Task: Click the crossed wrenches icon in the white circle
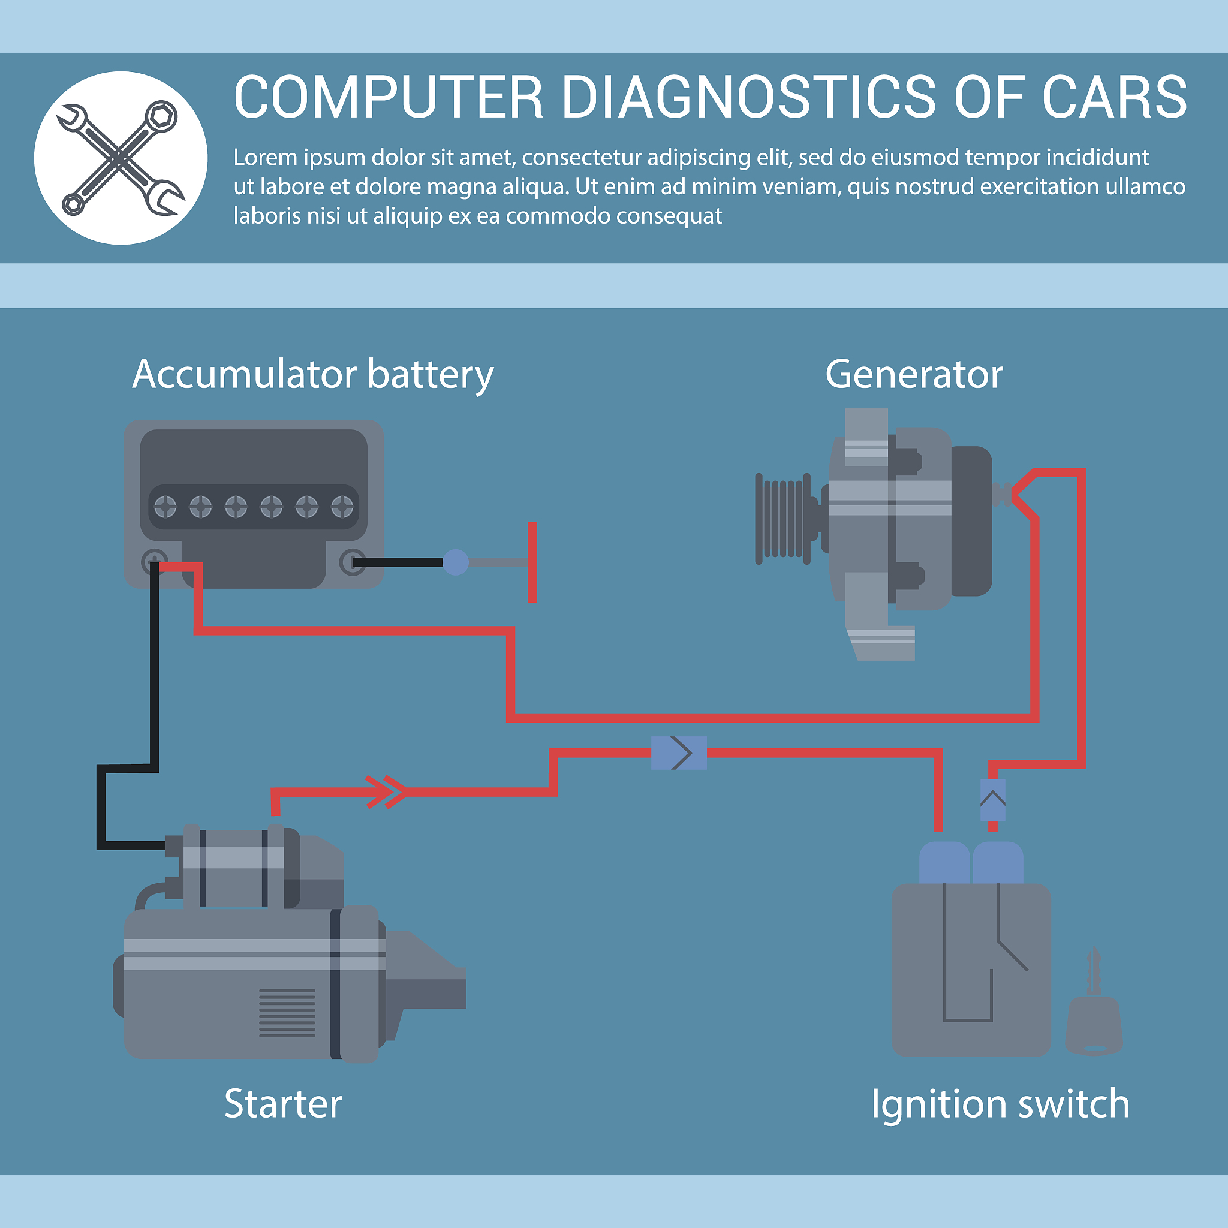pos(121,158)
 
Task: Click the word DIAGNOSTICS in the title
pos(749,97)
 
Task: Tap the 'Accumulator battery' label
pos(313,374)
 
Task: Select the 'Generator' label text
pos(913,374)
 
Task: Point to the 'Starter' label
pos(283,1104)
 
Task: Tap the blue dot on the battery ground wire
pos(455,562)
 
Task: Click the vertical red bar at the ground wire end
pos(532,562)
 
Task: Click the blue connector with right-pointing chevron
pos(679,753)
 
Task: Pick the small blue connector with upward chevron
pos(993,800)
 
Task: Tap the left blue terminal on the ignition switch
pos(944,863)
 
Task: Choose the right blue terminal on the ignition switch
pos(998,863)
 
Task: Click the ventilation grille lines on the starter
pos(287,1013)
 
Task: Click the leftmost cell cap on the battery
pos(165,507)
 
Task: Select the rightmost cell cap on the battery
pos(342,507)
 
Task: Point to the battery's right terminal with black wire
pos(352,562)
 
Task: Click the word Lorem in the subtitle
pos(265,158)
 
